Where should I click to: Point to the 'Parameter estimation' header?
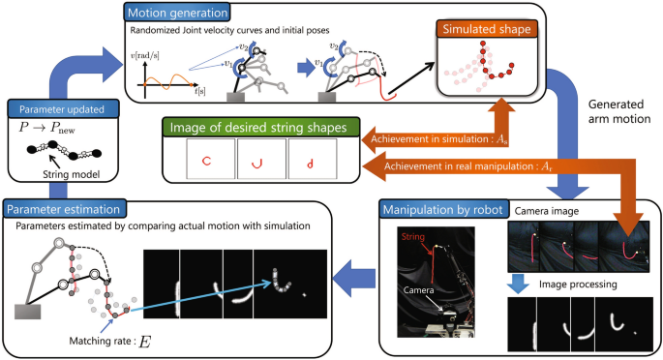pos(62,208)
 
